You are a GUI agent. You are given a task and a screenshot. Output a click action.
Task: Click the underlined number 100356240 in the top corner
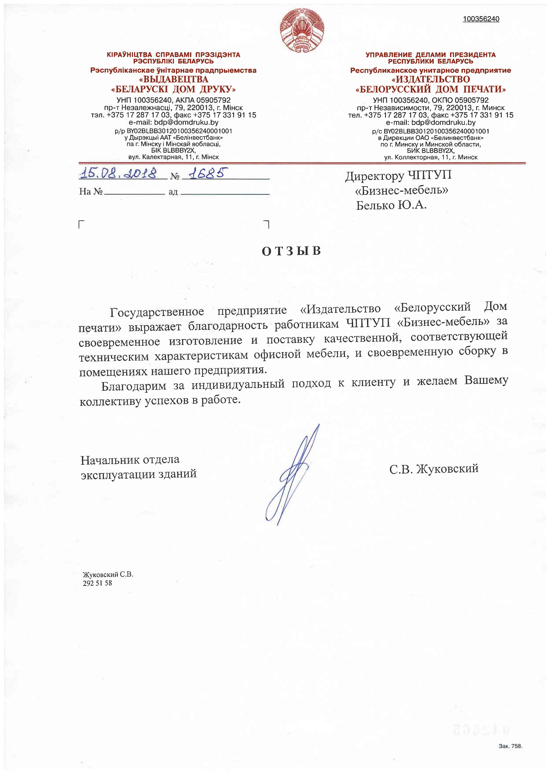click(481, 19)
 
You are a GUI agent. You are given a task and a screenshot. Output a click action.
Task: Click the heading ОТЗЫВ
click(291, 251)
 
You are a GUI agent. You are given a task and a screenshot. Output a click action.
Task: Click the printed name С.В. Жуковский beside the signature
click(434, 469)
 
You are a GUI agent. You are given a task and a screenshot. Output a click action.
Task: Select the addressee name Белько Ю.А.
click(391, 205)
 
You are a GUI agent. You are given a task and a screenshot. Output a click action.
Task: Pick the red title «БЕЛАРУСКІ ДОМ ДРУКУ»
click(173, 89)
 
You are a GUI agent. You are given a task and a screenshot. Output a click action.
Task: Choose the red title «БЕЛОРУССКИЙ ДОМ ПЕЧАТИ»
click(431, 89)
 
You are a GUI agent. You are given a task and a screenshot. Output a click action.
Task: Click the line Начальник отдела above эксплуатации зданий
click(130, 460)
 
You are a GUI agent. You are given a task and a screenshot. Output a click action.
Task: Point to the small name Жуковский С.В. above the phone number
click(108, 574)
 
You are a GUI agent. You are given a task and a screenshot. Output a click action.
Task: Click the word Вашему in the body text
click(486, 380)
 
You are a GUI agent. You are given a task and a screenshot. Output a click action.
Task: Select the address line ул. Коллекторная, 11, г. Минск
click(431, 157)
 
